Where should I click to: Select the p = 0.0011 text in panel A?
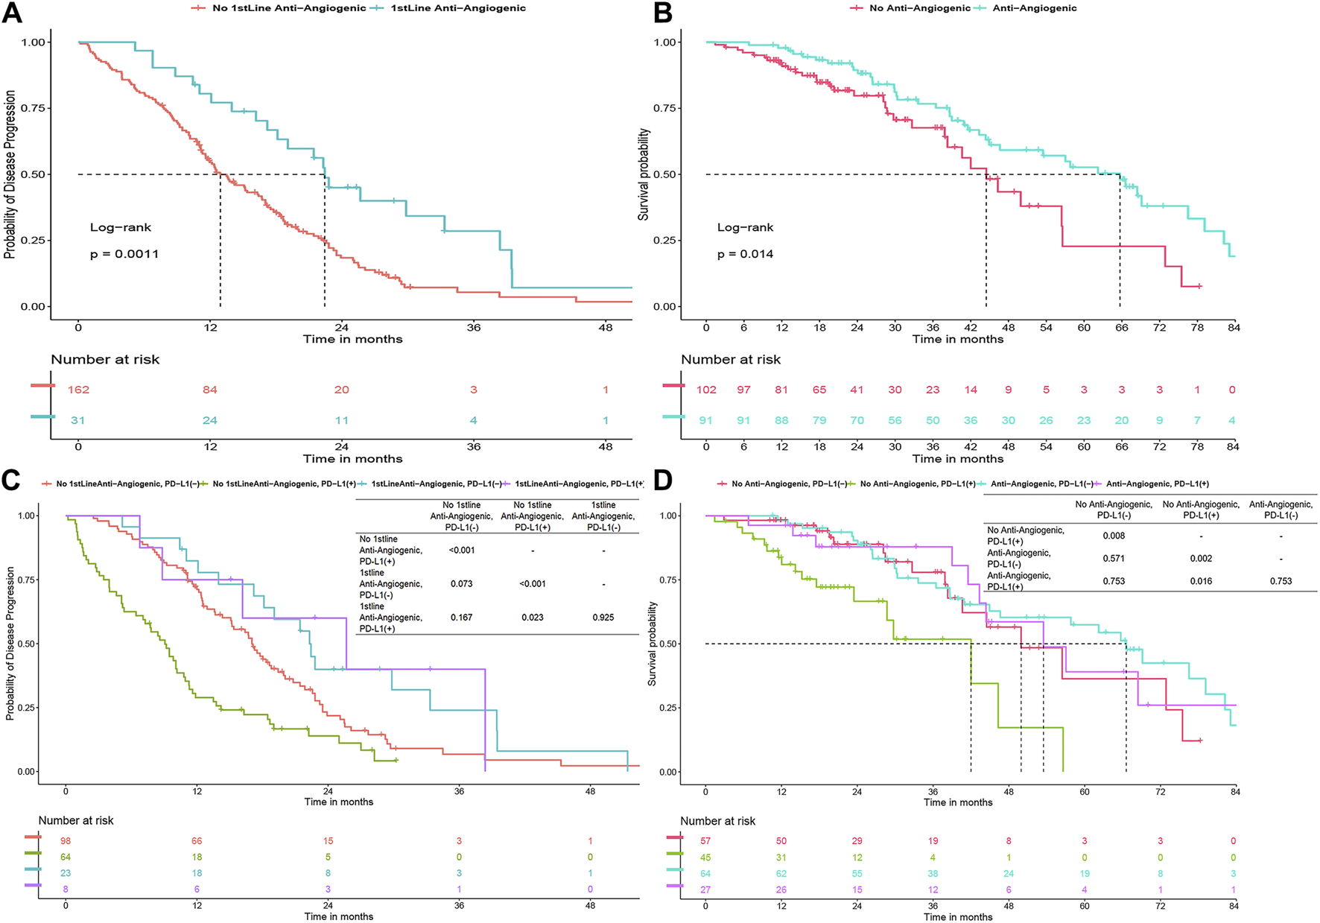point(124,254)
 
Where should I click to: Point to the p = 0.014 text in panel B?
point(745,254)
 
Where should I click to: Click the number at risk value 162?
point(78,390)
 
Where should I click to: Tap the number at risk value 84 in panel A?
point(210,390)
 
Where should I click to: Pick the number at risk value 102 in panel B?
point(706,390)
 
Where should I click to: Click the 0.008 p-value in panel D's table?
point(1114,536)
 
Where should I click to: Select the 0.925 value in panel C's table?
point(603,618)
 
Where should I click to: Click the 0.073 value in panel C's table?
point(462,584)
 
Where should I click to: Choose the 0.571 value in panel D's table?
point(1114,558)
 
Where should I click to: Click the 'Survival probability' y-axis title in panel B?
point(644,174)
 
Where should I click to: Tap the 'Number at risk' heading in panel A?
point(105,360)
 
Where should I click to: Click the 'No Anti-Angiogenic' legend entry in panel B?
point(919,8)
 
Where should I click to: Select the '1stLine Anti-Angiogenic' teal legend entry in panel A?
point(457,8)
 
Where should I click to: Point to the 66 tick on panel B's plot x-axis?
point(1121,327)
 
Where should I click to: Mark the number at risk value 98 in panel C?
point(66,841)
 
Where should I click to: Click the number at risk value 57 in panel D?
point(705,841)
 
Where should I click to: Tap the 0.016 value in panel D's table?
point(1201,581)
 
